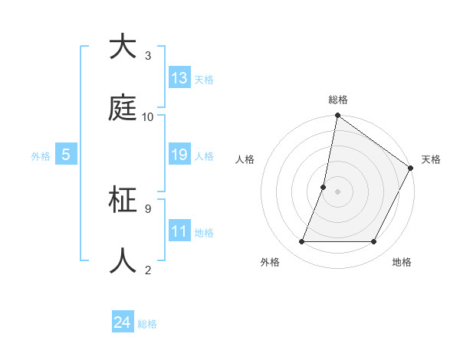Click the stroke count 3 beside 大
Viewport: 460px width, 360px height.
(x=148, y=56)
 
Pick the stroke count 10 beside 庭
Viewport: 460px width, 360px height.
(x=148, y=117)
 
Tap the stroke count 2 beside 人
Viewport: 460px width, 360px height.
(x=148, y=270)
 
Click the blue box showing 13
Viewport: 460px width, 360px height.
(x=179, y=78)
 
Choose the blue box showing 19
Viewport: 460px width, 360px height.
(x=179, y=155)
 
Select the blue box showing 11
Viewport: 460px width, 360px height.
(x=179, y=231)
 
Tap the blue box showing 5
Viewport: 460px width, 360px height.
(x=66, y=155)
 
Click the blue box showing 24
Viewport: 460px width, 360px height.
(x=123, y=323)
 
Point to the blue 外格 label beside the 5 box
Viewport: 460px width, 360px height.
(x=41, y=156)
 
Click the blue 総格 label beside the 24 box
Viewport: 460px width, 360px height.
(x=147, y=324)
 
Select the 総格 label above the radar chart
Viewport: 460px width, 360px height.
(x=338, y=100)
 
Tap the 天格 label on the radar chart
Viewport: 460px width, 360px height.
(x=431, y=159)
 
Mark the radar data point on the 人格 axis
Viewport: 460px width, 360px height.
(x=324, y=187)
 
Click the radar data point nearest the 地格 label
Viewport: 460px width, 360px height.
(x=374, y=242)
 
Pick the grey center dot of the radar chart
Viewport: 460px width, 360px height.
(x=337, y=191)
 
